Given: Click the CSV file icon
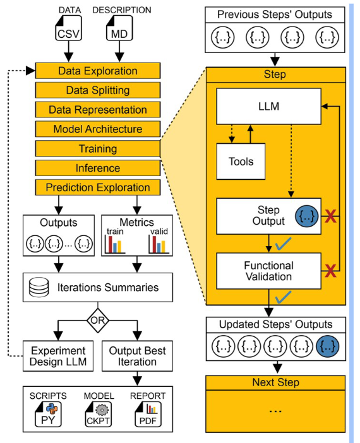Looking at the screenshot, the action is [68, 28].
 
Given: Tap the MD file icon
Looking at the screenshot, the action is [119, 28].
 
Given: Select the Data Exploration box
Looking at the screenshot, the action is [98, 71].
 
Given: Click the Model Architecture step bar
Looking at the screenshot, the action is [98, 129].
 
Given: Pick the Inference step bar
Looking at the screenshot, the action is [98, 168].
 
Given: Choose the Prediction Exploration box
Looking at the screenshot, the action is [98, 187].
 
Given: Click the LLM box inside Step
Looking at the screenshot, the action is [268, 107].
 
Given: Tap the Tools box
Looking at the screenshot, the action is [241, 162].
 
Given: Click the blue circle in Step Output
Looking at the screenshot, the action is [306, 216].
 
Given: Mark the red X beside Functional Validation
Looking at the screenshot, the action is [330, 271].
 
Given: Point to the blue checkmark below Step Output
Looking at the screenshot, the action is [284, 244].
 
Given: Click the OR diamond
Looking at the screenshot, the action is [98, 321].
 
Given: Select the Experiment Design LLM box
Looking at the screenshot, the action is [58, 356].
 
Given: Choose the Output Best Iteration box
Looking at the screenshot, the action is [137, 356].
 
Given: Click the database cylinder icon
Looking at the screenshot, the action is [39, 287].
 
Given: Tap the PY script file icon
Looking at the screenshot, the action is [48, 415].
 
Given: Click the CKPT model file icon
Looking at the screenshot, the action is [98, 415].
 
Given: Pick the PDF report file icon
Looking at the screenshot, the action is [148, 415].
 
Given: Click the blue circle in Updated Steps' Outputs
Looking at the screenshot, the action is [328, 346].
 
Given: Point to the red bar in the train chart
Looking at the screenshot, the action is [111, 244].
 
